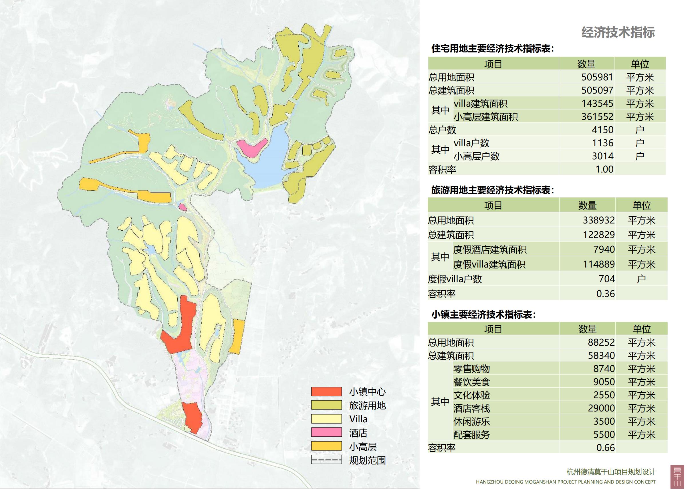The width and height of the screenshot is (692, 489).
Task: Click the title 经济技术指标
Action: (x=618, y=33)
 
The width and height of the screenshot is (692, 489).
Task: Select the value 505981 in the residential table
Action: (x=597, y=77)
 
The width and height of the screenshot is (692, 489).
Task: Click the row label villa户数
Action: (x=471, y=143)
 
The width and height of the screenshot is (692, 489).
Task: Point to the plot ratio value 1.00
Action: (x=604, y=169)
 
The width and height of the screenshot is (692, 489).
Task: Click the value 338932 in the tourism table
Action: (x=598, y=220)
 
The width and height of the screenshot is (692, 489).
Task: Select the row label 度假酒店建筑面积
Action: (x=490, y=250)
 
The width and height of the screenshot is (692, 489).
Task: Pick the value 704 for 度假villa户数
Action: (x=606, y=279)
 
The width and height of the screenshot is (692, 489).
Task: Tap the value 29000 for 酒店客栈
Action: (x=601, y=408)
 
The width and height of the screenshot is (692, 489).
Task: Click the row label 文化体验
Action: (x=471, y=395)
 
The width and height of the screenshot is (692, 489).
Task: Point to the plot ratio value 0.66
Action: (x=605, y=448)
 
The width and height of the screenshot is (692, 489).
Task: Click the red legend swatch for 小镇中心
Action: (x=326, y=392)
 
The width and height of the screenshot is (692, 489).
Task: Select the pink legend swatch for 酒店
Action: (x=326, y=432)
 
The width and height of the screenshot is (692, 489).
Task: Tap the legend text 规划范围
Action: (x=367, y=460)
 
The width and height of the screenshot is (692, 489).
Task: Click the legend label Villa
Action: (x=358, y=419)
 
